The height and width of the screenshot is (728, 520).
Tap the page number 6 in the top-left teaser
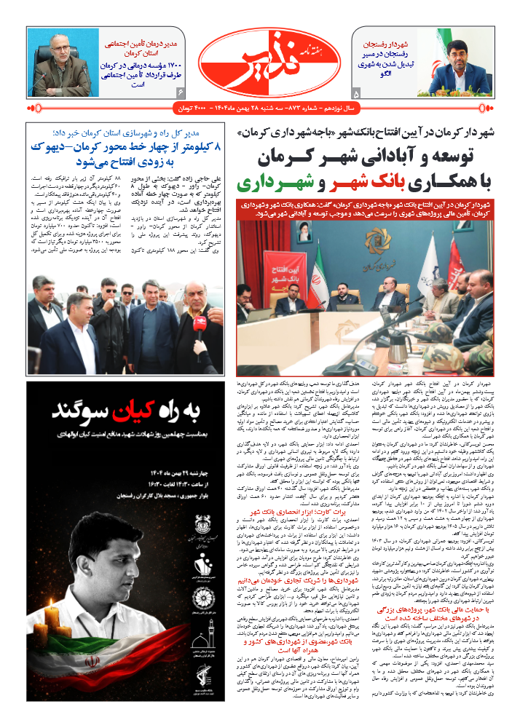181,92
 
